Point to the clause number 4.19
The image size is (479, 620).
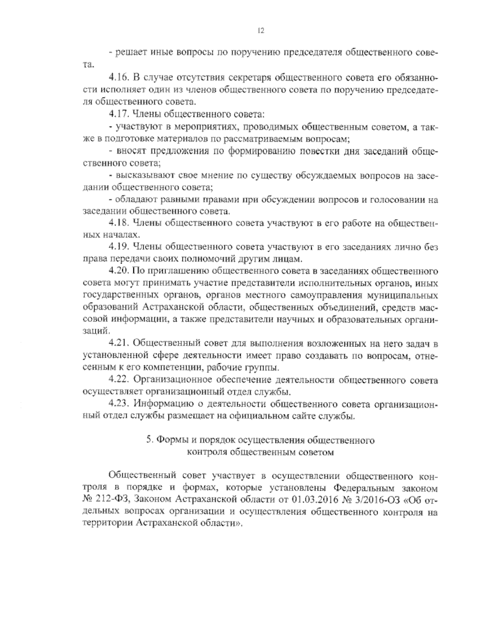coord(118,247)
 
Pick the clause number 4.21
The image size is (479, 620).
coord(118,343)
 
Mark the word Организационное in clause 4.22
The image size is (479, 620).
coord(166,380)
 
